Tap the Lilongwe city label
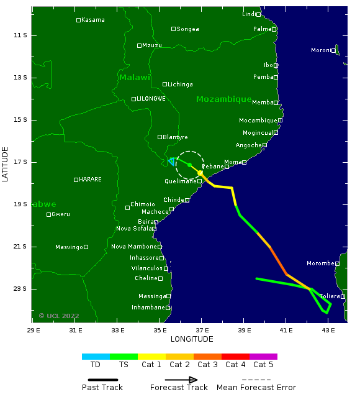pos(151,99)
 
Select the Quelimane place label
pos(180,181)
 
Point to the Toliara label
pos(329,296)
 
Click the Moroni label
pos(322,50)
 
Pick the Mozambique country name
pos(224,99)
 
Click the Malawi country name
pos(135,78)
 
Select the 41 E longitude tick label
pos(286,330)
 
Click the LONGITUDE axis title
pos(192,339)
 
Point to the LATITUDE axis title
pos(6,164)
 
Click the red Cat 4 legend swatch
pos(235,357)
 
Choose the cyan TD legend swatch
pos(96,357)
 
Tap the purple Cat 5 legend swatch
pos(263,357)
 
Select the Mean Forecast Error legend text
pos(256,388)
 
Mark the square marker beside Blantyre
pos(160,137)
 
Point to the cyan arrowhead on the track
pos(171,162)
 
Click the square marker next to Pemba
pos(276,77)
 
